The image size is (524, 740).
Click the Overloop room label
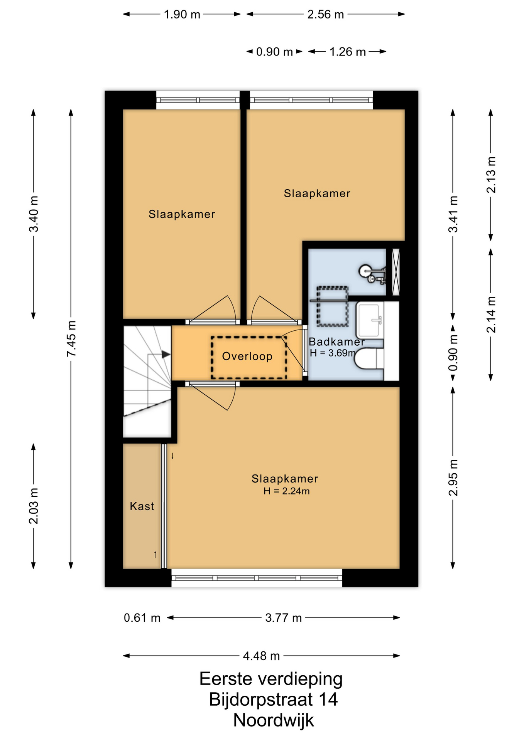tap(247, 356)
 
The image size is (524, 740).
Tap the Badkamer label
tap(336, 341)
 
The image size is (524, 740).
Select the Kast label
tap(142, 506)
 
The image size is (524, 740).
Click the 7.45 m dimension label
tap(71, 338)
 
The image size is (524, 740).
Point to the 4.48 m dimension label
tap(261, 656)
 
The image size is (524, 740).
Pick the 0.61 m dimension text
tap(142, 618)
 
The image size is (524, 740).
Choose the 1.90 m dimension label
tap(182, 14)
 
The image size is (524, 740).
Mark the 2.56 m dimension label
tap(325, 14)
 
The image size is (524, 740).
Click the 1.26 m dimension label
tap(347, 52)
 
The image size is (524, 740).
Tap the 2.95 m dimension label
tap(453, 478)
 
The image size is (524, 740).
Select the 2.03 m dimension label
tap(34, 506)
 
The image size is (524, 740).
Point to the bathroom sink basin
tap(370, 320)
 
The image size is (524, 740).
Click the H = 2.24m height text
tap(287, 491)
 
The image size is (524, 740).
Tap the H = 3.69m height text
tap(333, 353)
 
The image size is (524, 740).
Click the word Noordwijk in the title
tap(274, 720)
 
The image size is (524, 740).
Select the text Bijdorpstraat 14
tap(274, 699)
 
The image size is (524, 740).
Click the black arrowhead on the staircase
tap(166, 354)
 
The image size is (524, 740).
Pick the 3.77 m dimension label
tap(283, 618)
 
